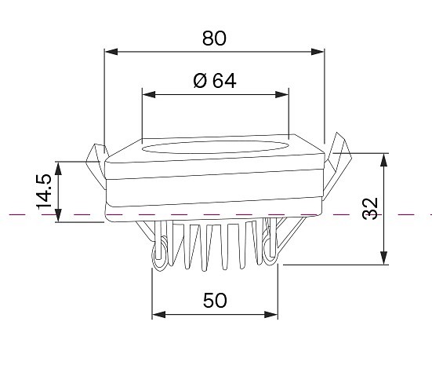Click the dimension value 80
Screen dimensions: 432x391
214,38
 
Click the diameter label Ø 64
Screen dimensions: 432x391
215,81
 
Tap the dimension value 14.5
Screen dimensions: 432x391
44,192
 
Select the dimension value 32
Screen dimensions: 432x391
370,208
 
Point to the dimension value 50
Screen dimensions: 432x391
215,300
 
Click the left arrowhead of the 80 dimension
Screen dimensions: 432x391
111,52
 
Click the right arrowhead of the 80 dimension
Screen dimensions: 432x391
317,52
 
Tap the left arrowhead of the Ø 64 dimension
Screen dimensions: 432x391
149,95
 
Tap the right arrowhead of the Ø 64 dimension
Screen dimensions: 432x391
281,95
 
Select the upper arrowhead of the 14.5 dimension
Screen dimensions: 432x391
58,168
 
